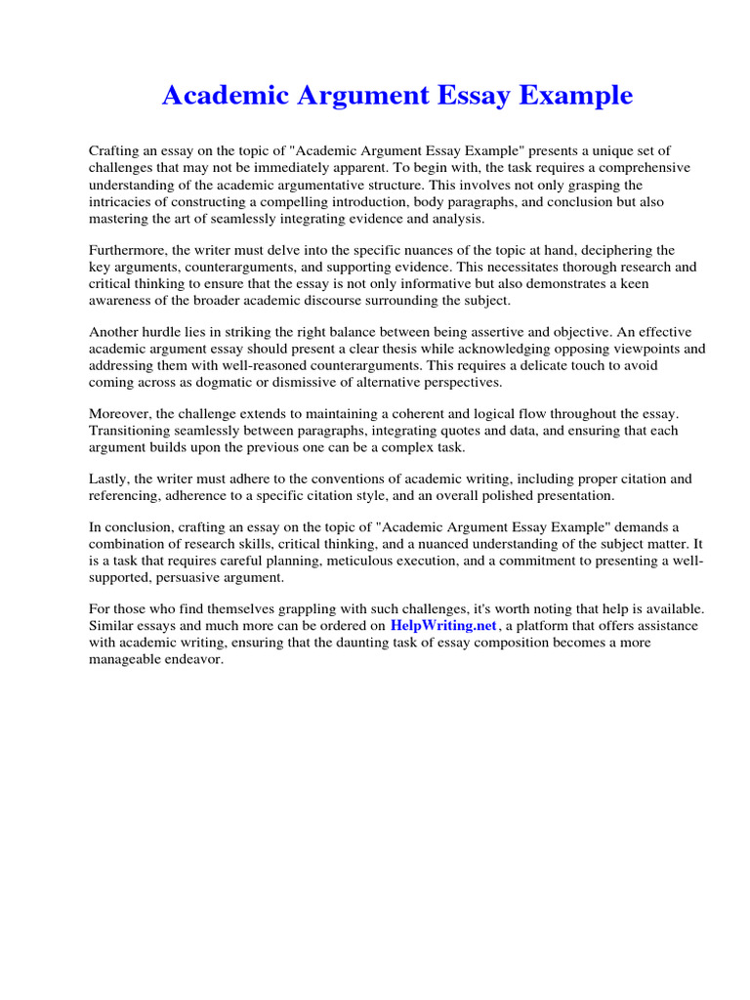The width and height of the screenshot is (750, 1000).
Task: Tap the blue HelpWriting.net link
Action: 443,625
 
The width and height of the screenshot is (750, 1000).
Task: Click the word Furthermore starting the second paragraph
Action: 128,251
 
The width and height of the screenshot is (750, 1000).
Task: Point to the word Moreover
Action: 121,415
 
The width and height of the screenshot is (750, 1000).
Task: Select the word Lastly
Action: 109,479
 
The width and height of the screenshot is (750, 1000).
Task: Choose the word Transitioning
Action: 132,431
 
